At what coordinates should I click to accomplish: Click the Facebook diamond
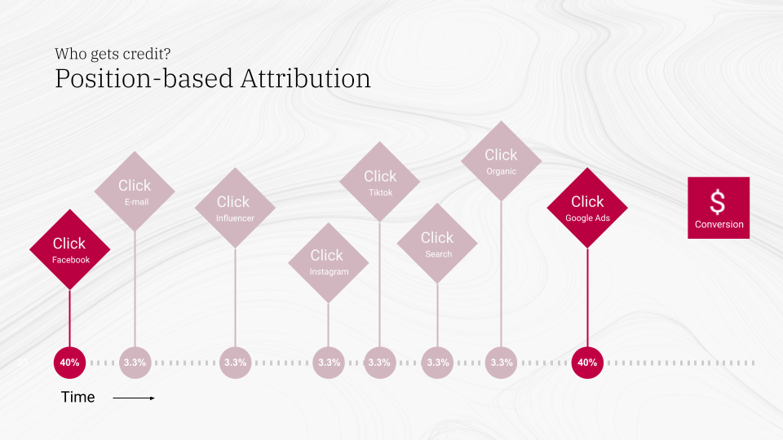(x=69, y=249)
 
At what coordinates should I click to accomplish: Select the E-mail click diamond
(x=135, y=191)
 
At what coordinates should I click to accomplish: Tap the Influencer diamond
(x=235, y=208)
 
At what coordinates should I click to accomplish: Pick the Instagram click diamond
(x=328, y=263)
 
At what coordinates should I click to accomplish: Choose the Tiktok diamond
(x=379, y=182)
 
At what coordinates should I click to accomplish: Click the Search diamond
(x=437, y=244)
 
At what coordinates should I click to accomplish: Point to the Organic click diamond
(x=501, y=161)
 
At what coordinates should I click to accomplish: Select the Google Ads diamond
(x=587, y=208)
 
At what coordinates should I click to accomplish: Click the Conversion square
(x=719, y=208)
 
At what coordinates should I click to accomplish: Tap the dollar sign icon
(x=718, y=202)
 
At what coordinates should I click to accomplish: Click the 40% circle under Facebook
(x=69, y=363)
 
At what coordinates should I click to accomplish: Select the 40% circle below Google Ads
(x=587, y=363)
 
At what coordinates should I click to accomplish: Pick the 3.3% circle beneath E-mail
(x=135, y=363)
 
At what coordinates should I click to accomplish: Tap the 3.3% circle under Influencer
(x=235, y=363)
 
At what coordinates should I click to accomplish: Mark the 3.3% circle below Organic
(x=501, y=363)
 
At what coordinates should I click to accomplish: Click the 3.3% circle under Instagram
(x=329, y=363)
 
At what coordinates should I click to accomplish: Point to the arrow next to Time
(x=134, y=398)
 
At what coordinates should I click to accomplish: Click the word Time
(x=78, y=397)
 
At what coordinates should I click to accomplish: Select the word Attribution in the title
(x=306, y=79)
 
